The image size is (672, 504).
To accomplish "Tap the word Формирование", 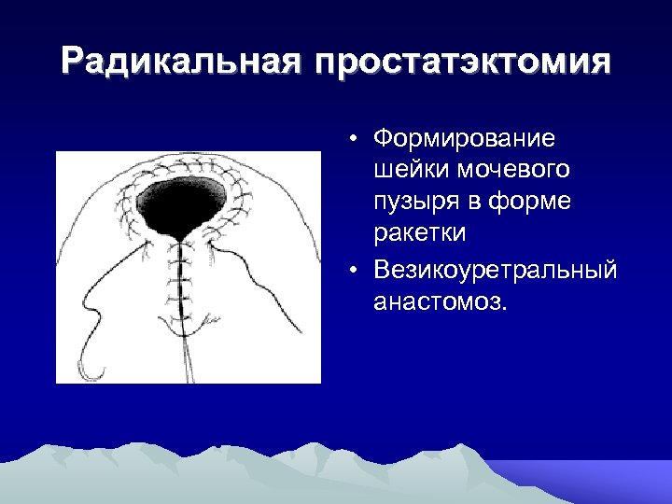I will (464, 139).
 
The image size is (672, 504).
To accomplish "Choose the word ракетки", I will (419, 231).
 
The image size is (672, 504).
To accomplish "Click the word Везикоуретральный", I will (495, 270).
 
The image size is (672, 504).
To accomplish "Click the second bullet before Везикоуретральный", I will (356, 271).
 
